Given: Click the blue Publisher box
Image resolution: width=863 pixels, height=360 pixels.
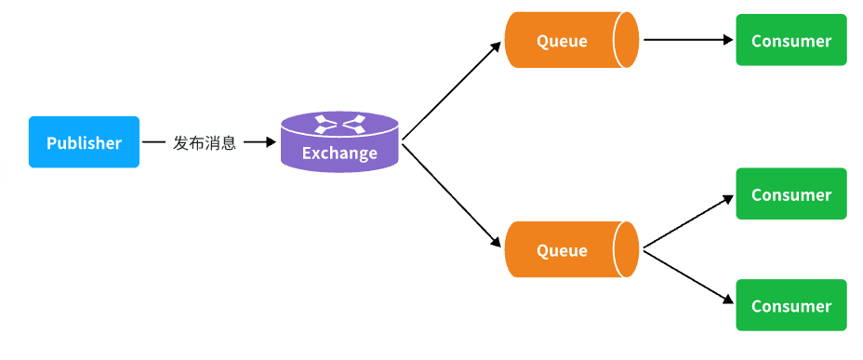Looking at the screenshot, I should (84, 142).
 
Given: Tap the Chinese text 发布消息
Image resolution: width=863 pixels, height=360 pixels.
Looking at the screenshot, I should (205, 143).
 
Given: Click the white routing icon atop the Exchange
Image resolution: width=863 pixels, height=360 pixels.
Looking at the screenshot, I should (339, 124).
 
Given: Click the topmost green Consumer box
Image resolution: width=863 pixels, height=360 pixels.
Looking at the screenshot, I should (790, 40).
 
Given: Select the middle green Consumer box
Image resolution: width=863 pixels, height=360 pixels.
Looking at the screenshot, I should (790, 193).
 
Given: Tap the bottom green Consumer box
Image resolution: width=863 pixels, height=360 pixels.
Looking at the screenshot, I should (790, 305).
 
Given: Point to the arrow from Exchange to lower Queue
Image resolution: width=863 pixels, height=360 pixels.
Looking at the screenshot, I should (452, 196).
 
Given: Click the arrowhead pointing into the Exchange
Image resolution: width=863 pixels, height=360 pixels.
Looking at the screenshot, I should (271, 142).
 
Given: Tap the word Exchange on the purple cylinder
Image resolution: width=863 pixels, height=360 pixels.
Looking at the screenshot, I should (339, 153).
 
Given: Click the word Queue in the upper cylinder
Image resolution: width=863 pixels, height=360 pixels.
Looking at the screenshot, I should (562, 41).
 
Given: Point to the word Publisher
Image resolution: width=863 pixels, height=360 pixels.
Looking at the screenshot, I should (84, 143).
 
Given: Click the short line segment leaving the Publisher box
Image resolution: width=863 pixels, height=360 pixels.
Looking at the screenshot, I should (153, 142).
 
